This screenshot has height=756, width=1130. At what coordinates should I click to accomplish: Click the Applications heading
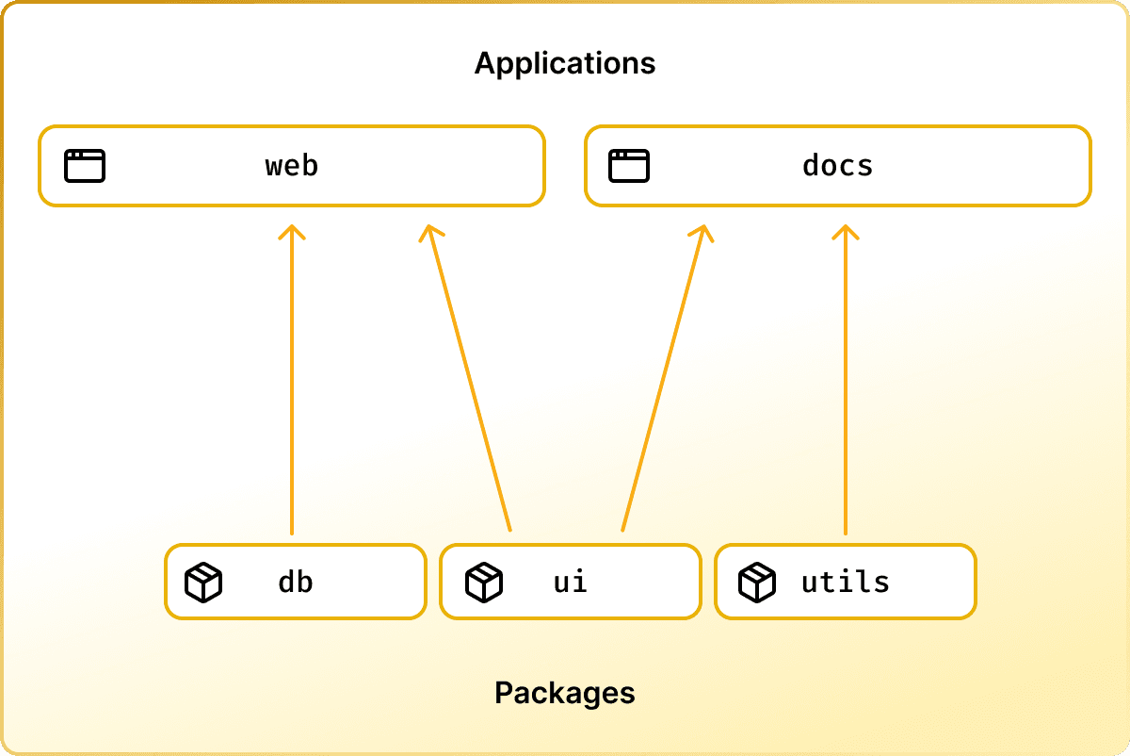click(565, 63)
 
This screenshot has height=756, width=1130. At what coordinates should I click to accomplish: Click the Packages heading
click(565, 694)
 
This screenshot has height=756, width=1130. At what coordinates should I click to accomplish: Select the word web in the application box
click(292, 166)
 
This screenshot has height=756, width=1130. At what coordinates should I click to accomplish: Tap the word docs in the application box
click(838, 166)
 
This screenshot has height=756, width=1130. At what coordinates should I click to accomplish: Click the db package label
click(295, 582)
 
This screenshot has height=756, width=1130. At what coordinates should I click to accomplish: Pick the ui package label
click(571, 582)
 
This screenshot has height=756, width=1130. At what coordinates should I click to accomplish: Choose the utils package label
click(846, 582)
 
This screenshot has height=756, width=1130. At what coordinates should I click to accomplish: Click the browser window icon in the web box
click(85, 166)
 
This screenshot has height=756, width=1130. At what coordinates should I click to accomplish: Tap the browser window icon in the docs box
click(629, 166)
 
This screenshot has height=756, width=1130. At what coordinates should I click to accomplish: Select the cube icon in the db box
click(203, 583)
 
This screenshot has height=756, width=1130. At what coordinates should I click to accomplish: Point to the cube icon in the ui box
click(484, 583)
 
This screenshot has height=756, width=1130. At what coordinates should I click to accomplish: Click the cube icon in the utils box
click(757, 583)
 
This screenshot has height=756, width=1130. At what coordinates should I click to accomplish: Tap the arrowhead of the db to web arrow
click(292, 231)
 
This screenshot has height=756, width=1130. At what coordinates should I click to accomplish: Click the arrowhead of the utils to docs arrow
click(846, 231)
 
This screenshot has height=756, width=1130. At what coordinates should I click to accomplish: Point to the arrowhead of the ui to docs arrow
click(702, 232)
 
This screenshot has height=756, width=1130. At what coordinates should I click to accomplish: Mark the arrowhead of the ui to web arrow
click(429, 232)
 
